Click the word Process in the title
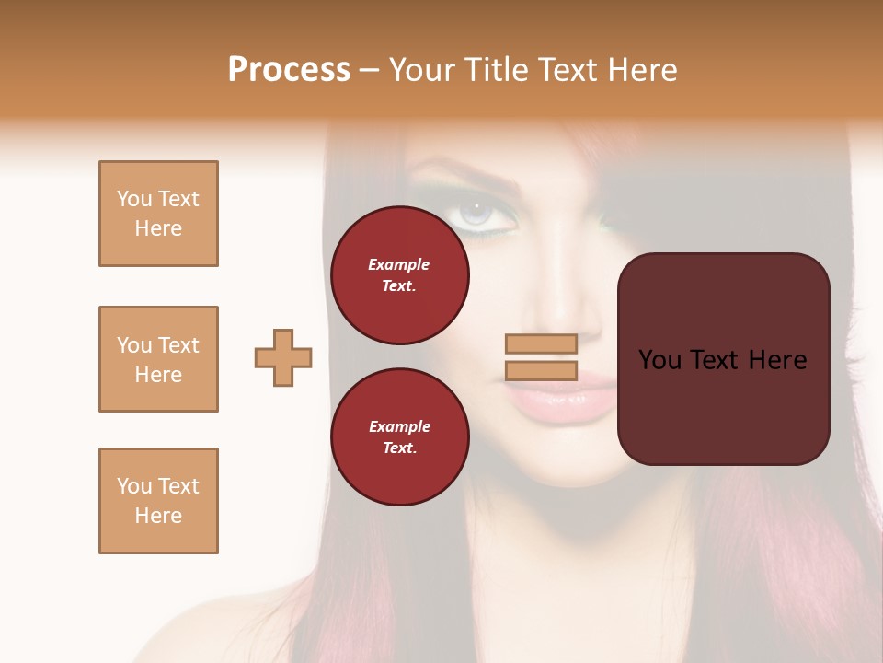tap(289, 70)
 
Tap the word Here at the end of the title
tap(642, 70)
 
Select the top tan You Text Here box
tap(158, 214)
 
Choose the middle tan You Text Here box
tap(158, 359)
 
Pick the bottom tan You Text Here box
tap(158, 501)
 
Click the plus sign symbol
tap(283, 357)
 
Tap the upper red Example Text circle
tap(400, 275)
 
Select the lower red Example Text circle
tap(400, 437)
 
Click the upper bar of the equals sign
tap(541, 343)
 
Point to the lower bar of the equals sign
tap(541, 370)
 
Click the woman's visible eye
tap(476, 214)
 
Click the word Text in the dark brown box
tap(714, 360)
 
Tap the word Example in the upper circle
tap(399, 264)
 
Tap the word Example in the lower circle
tap(399, 426)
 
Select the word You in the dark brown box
tap(659, 360)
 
